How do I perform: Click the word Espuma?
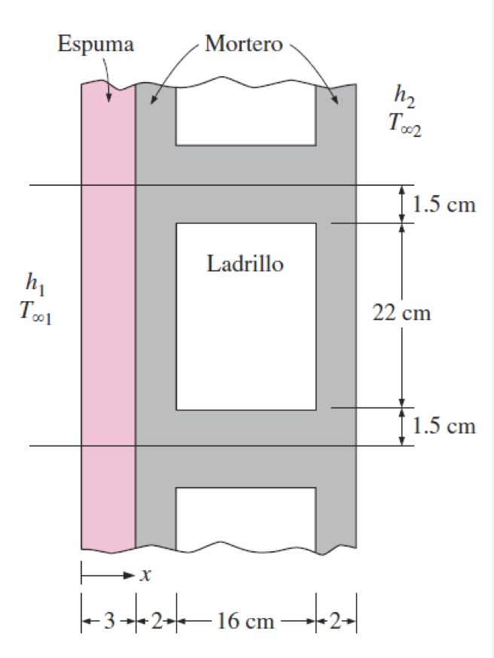[96, 44]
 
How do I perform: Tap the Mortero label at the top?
[244, 43]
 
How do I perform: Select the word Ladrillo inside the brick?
[245, 264]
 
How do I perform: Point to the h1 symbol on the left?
[35, 283]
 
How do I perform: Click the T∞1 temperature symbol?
[35, 312]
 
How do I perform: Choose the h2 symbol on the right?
[404, 96]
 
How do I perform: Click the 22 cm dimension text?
[401, 313]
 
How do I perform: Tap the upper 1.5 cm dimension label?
[444, 204]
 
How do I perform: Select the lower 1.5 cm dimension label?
[444, 425]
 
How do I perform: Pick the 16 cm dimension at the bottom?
[245, 620]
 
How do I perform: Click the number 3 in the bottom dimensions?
[109, 620]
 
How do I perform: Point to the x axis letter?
[145, 575]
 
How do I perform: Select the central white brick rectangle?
[246, 316]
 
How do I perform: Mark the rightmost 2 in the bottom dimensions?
[336, 620]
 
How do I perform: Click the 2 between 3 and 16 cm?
[156, 620]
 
